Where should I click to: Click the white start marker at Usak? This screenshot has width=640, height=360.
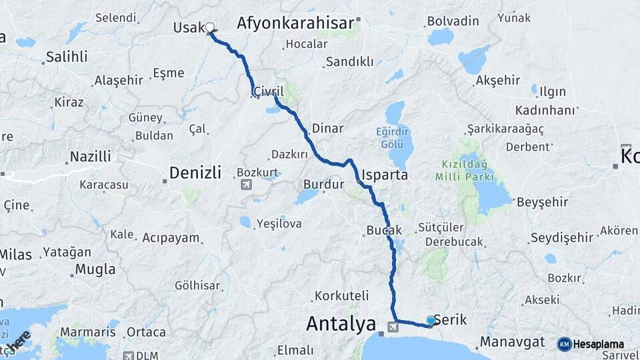coord(210,28)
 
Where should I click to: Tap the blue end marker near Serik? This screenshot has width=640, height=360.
coord(431,321)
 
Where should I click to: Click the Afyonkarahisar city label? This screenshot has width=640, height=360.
coord(295,23)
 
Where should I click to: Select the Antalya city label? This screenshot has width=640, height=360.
coord(341,325)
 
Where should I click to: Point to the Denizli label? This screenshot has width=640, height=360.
coord(195,173)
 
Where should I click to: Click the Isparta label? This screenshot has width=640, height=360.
coord(385,175)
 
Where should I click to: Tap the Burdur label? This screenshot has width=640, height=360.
coord(323,184)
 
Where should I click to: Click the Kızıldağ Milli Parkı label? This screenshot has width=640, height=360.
coord(464,170)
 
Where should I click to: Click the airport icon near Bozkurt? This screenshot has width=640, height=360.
coord(246,184)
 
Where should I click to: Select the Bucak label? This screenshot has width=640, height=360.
coord(384,230)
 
